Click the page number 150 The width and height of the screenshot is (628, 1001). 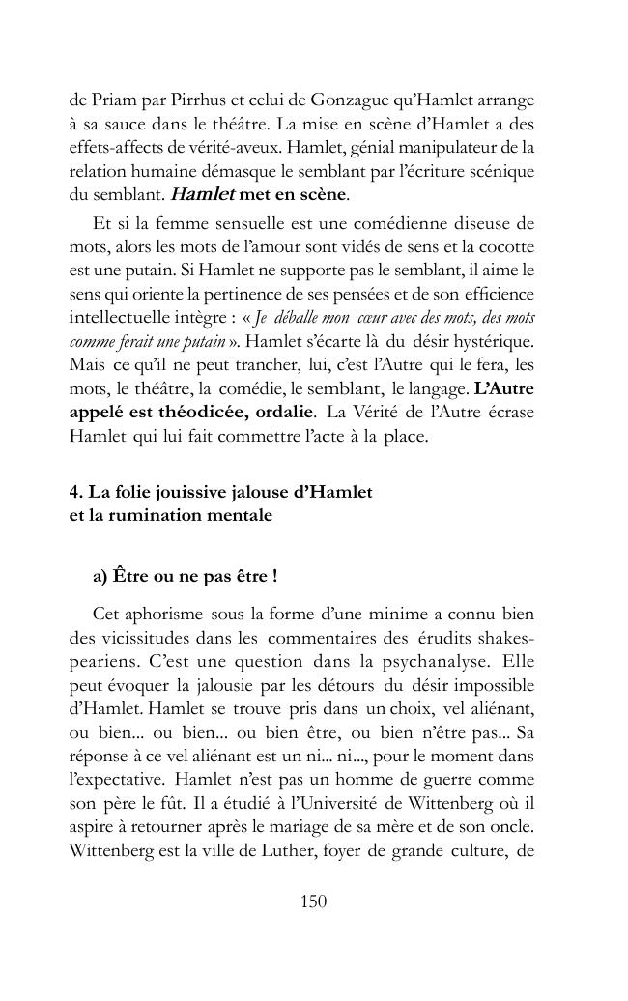[x=314, y=902]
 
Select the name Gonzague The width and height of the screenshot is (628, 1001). [x=351, y=101]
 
